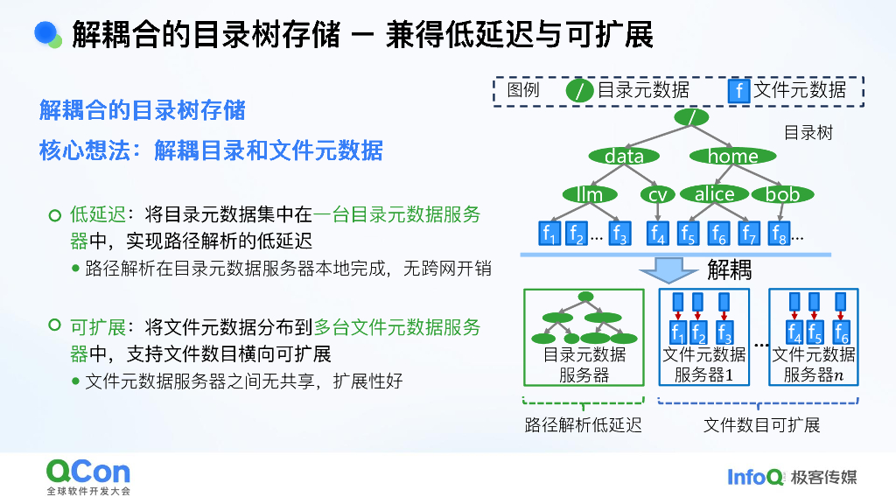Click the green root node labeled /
coord(691,116)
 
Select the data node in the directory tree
coord(624,156)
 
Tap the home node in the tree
coord(732,156)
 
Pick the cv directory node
coord(657,194)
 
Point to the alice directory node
coord(714,194)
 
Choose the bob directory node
coord(782,194)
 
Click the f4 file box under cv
coord(657,234)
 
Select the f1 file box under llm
coord(549,234)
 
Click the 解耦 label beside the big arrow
coord(729,269)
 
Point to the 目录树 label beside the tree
coord(808,133)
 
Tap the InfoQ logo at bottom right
coord(755,477)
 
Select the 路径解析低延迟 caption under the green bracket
coord(583,426)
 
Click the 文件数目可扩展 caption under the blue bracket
coord(761,426)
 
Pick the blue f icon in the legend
coord(739,90)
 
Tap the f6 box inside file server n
coord(841,332)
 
